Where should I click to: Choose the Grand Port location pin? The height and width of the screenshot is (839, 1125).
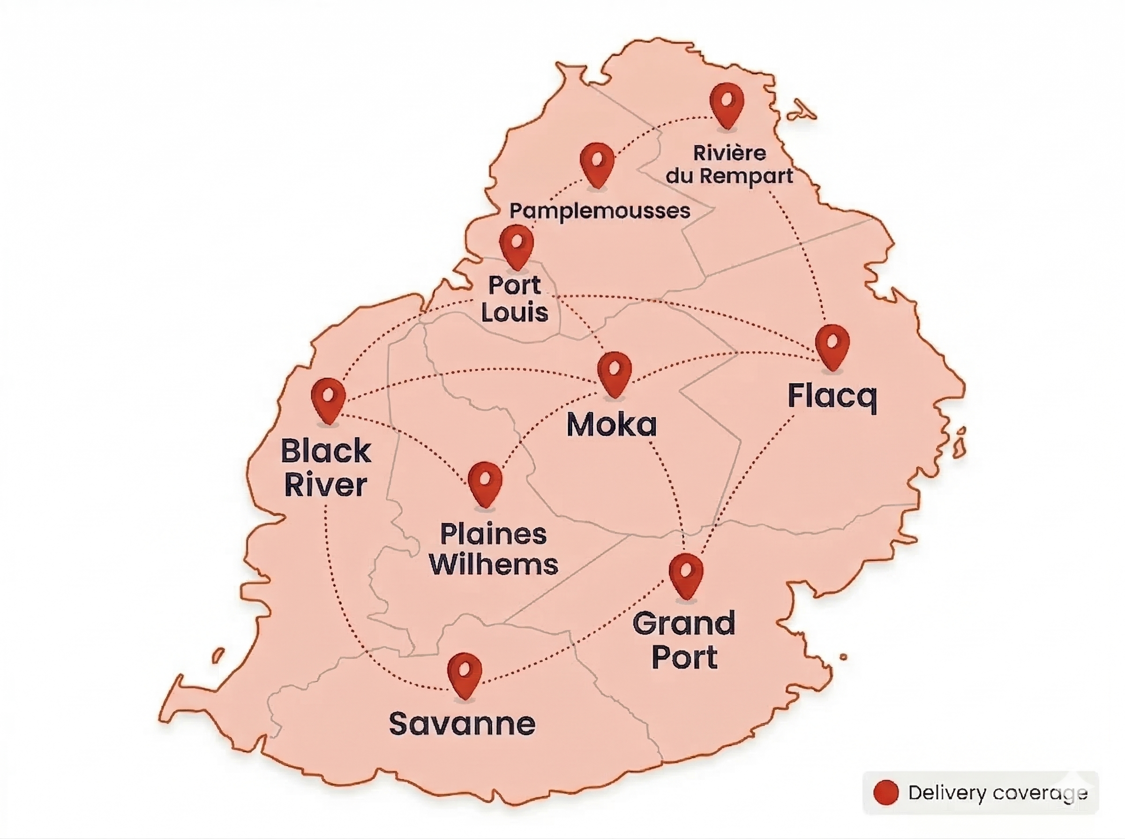(x=686, y=573)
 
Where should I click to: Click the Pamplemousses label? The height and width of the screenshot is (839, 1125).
(x=600, y=211)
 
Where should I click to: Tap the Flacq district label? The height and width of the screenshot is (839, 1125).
(x=832, y=397)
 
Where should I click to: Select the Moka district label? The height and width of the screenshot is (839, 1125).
(x=612, y=425)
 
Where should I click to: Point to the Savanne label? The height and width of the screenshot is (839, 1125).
(x=462, y=724)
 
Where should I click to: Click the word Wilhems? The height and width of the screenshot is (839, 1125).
(x=494, y=564)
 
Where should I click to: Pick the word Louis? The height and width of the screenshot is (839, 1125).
(x=515, y=312)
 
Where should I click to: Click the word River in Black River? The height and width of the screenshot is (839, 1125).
(x=326, y=485)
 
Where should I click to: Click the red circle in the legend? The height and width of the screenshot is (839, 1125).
(x=886, y=792)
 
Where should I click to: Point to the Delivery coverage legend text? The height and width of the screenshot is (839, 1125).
(x=997, y=793)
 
